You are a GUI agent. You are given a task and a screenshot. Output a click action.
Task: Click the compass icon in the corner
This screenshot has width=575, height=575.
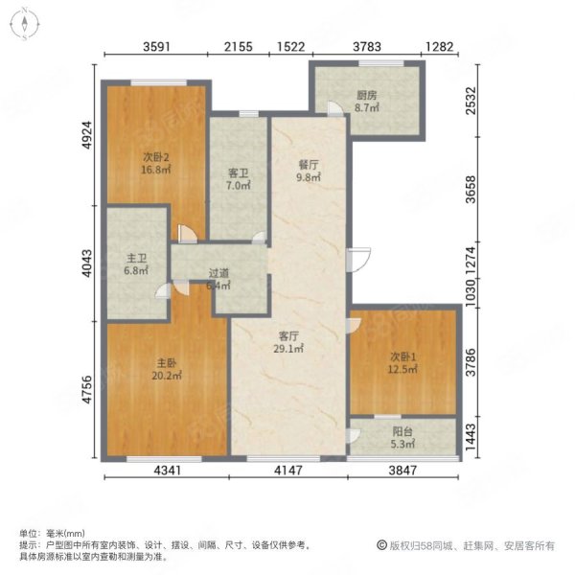(25, 24)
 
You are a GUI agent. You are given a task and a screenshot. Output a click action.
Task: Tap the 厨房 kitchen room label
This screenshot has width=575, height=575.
(367, 95)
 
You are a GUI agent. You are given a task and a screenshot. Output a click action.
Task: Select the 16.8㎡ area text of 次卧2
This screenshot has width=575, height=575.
(156, 170)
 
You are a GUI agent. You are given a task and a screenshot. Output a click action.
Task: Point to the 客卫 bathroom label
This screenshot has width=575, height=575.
(239, 173)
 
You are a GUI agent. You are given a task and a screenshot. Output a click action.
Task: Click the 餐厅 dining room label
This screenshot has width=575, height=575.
(309, 165)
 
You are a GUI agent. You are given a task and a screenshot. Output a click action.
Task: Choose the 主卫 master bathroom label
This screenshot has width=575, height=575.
(136, 259)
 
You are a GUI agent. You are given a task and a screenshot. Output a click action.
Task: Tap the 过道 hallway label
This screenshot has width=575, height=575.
(218, 273)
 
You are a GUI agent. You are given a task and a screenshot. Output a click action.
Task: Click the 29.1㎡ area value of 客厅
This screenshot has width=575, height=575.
(288, 349)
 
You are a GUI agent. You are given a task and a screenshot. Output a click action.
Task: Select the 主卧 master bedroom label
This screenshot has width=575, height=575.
(167, 363)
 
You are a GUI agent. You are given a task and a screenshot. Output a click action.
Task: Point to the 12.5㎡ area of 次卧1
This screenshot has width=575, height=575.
(402, 369)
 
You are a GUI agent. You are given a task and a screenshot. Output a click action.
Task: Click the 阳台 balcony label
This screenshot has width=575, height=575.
(402, 431)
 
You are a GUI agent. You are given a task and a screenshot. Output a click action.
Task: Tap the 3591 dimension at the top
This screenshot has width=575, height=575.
(156, 47)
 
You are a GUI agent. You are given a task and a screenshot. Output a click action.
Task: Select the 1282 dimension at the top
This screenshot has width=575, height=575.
(440, 47)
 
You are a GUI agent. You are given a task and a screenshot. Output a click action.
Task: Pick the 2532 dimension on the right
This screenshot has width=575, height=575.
(471, 101)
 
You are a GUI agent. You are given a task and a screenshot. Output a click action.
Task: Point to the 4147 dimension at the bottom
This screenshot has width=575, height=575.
(289, 471)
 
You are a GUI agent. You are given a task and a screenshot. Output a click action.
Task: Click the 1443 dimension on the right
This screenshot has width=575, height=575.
(471, 437)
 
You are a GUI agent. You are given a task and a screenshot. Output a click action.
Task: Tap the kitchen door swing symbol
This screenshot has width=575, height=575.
(335, 108)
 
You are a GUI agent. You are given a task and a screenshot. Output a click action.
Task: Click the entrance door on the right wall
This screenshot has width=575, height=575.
(359, 260)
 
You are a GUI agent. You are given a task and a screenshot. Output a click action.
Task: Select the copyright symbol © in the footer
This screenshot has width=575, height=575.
(381, 545)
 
